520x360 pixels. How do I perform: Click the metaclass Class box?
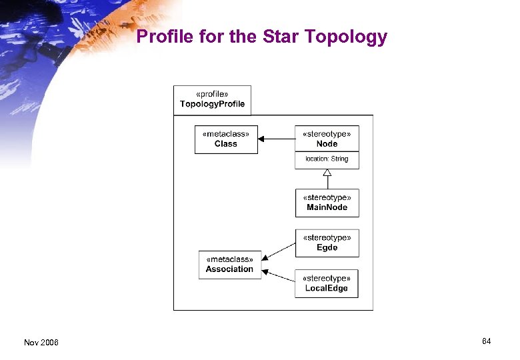226,139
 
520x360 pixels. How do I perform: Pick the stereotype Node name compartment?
327,139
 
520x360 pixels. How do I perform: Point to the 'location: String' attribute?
327,159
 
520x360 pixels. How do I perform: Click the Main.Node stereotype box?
327,203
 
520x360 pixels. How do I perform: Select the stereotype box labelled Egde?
327,243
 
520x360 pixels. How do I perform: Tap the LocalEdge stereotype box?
327,283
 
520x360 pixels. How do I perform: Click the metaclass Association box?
229,265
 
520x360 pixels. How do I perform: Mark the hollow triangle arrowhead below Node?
327,173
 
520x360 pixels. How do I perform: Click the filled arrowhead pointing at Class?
262,139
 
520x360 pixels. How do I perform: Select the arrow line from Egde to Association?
280,251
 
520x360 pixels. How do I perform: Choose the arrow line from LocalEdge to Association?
280,275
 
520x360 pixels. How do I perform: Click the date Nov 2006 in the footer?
41,343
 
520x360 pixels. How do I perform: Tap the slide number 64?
487,341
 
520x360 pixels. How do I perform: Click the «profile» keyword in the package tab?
212,94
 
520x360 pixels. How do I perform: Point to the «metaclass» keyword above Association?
229,259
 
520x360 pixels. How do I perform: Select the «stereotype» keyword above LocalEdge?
327,278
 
